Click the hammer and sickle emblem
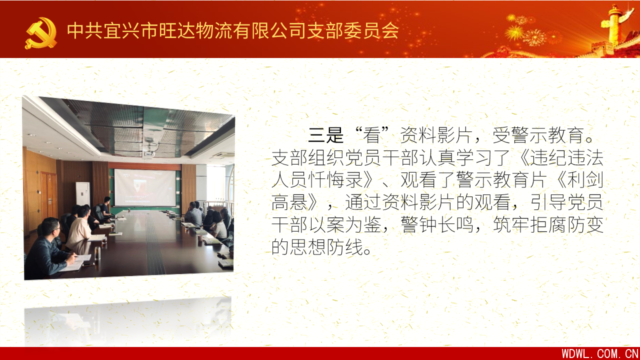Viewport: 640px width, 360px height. tap(41, 33)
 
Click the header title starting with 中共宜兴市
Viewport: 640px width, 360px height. tap(233, 30)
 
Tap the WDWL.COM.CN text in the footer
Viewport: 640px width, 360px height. tap(599, 353)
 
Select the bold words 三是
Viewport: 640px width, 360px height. tap(326, 135)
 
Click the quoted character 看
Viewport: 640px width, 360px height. tap(371, 135)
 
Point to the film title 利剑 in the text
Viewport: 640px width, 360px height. tap(585, 180)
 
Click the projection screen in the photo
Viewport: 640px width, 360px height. tap(145, 187)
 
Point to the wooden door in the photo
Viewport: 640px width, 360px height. tap(49, 195)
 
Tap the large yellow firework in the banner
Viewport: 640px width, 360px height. tap(514, 32)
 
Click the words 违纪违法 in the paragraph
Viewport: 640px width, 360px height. tap(566, 157)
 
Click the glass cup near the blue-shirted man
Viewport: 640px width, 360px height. tap(97, 253)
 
